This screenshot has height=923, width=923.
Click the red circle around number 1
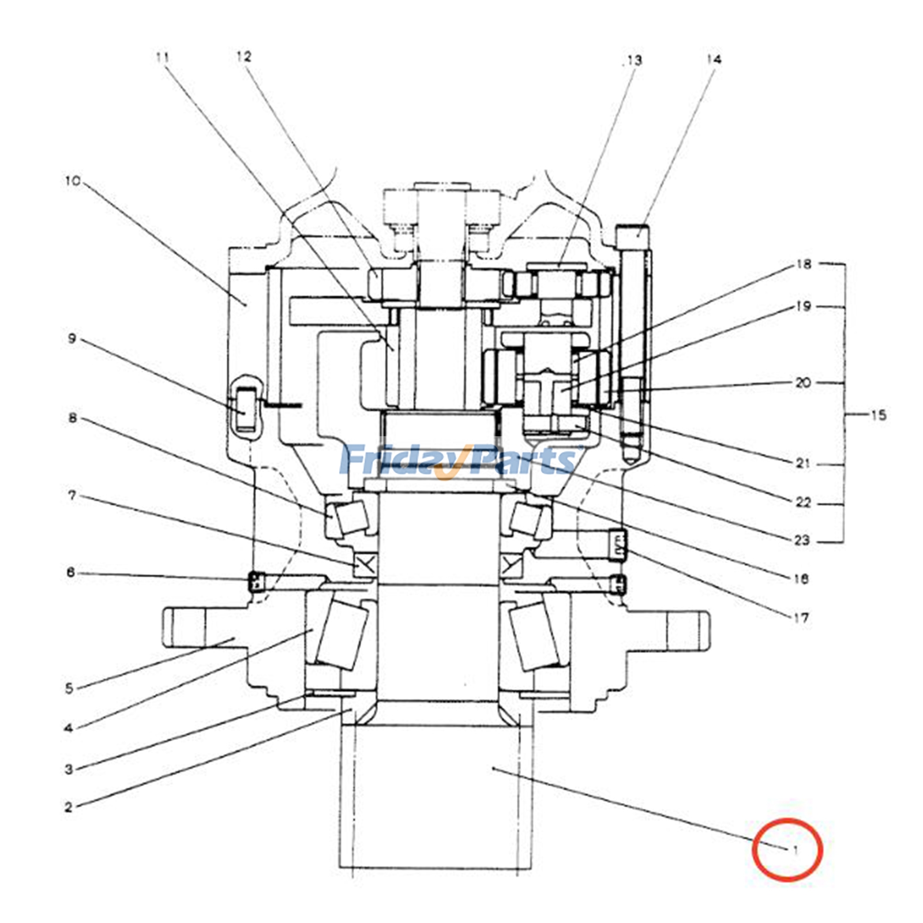point(787,849)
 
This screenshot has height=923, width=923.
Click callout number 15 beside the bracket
point(878,415)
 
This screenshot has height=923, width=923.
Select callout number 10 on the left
point(73,181)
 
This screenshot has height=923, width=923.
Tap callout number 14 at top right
point(714,59)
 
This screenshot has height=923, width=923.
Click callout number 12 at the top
point(244,57)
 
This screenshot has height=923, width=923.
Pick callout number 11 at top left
point(163,57)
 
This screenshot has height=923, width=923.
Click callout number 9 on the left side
point(72,338)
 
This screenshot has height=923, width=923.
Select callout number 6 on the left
point(70,572)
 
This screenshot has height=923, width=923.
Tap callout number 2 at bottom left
point(69,807)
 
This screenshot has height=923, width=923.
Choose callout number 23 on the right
point(802,541)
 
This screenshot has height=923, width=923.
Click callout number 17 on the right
point(801,618)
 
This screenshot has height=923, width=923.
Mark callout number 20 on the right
point(803,382)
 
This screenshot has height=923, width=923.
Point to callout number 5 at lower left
point(69,688)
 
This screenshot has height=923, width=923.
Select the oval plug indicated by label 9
point(246,408)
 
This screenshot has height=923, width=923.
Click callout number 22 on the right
point(803,502)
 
